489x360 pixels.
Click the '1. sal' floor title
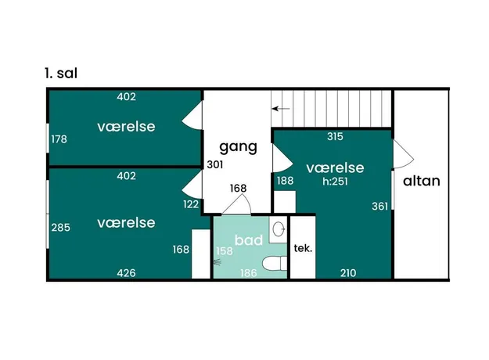(x=61, y=74)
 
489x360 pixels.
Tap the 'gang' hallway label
(x=239, y=146)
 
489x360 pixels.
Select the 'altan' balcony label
(x=422, y=181)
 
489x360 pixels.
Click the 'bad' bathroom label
(x=249, y=240)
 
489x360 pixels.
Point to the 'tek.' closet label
(x=303, y=248)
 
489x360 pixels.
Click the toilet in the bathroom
(x=275, y=264)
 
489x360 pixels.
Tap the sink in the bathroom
(x=279, y=229)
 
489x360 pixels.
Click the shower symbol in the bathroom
(x=218, y=262)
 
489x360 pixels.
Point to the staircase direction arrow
(x=281, y=109)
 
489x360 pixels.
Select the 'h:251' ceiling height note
(x=335, y=182)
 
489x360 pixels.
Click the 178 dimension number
(x=59, y=139)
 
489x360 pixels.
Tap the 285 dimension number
(x=60, y=227)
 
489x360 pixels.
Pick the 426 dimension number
(x=126, y=273)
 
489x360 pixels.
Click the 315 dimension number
(x=335, y=136)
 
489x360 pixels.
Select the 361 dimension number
(x=379, y=206)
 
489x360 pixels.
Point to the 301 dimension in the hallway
(x=215, y=164)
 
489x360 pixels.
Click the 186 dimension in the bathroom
(x=249, y=273)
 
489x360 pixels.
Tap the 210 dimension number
(x=348, y=273)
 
